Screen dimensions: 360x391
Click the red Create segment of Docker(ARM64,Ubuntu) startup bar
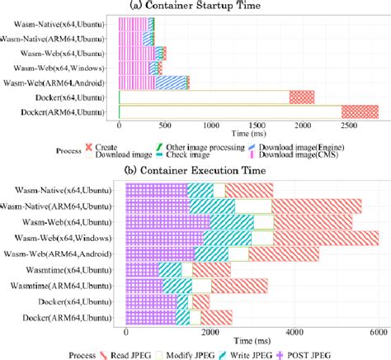360,111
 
